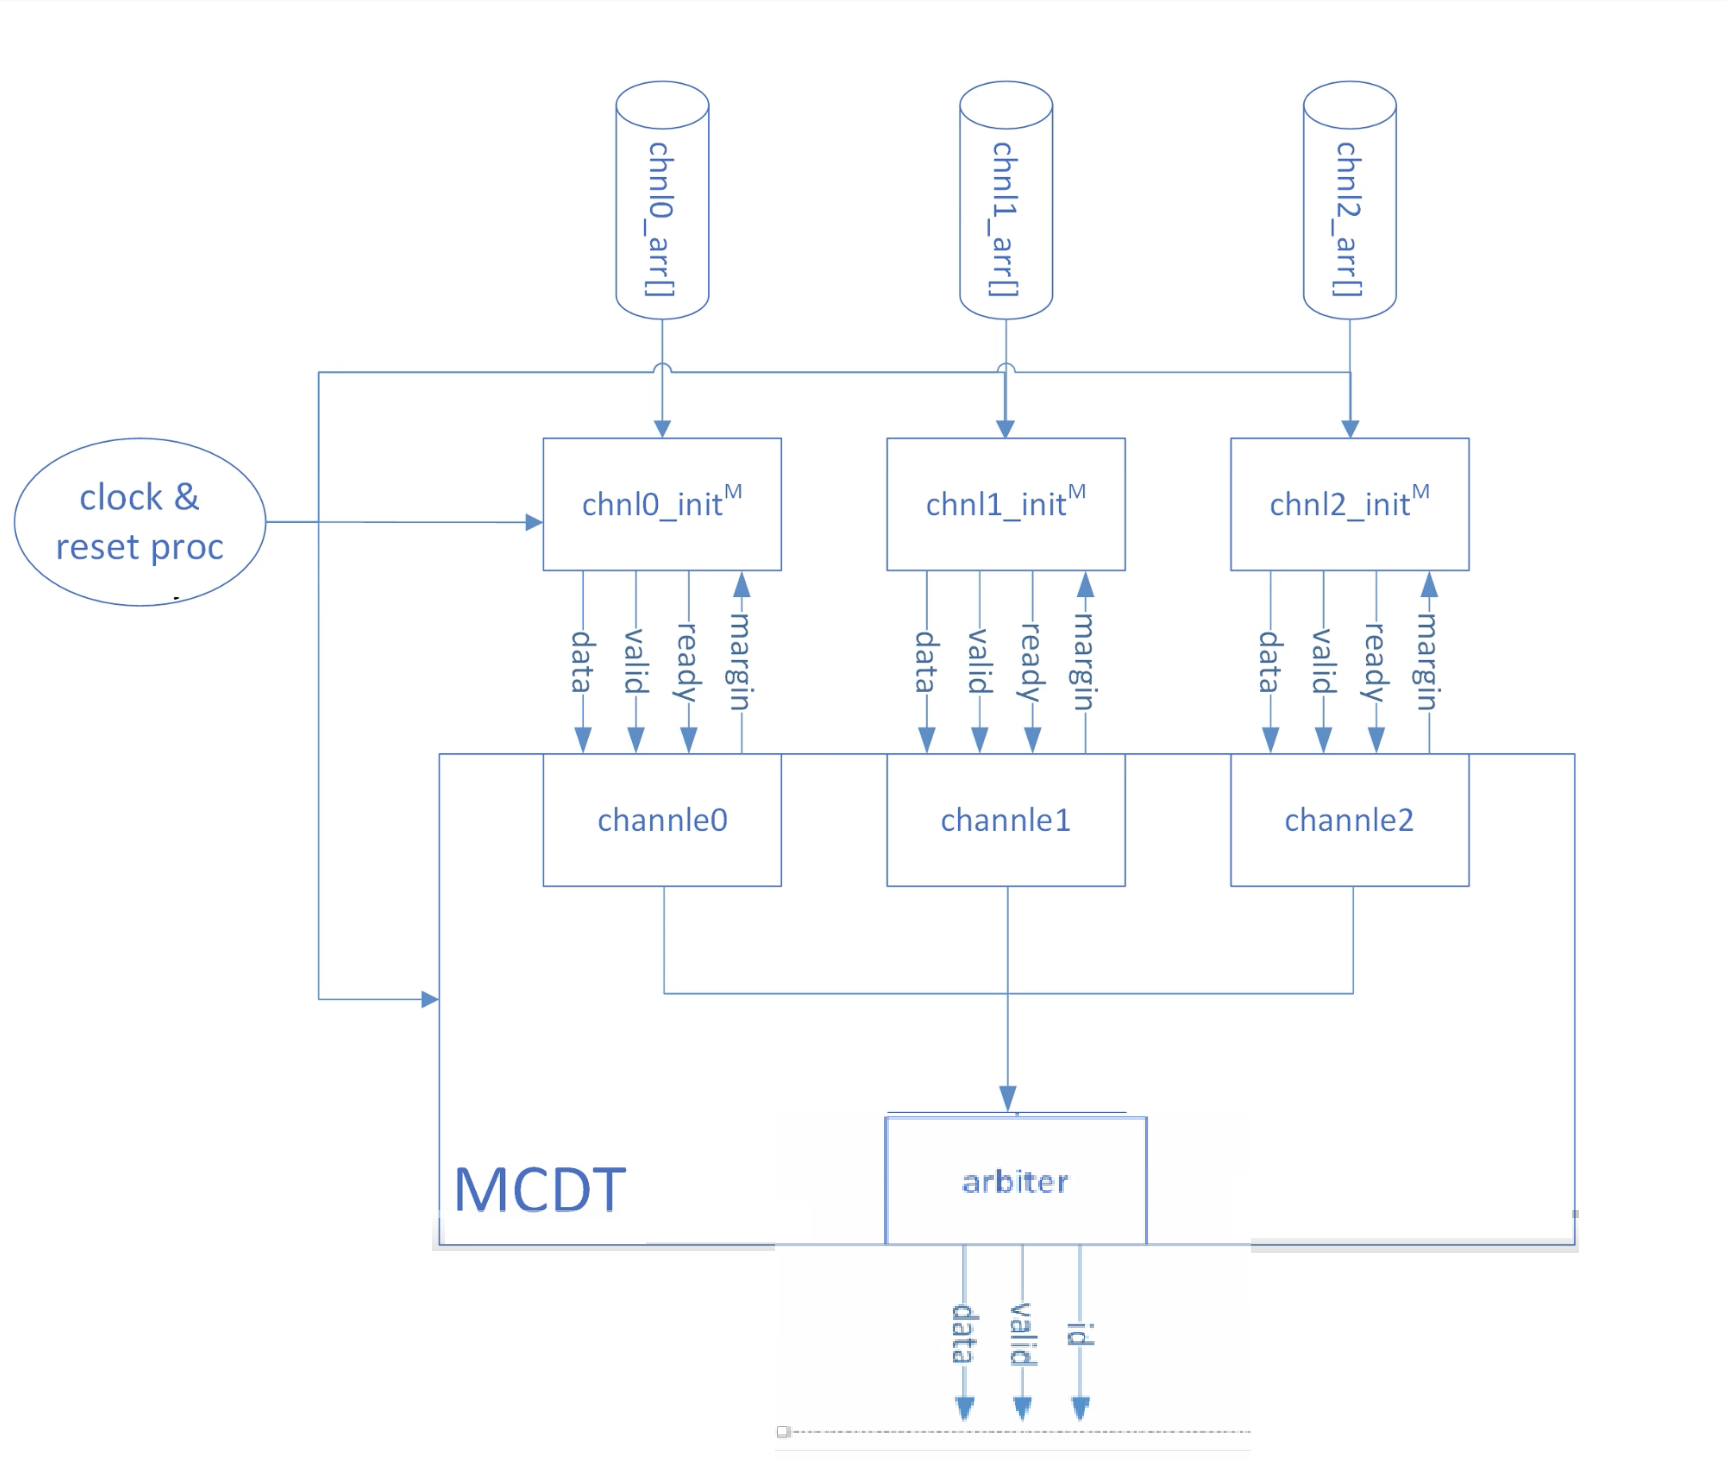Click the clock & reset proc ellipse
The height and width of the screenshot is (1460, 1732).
pos(140,522)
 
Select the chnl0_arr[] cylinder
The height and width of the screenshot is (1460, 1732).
pos(662,200)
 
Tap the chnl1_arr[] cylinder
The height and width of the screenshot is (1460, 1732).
pos(1006,200)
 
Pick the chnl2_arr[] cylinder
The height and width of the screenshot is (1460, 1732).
pos(1349,200)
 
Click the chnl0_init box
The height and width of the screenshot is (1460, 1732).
pos(662,504)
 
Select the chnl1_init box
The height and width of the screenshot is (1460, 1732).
pos(1006,504)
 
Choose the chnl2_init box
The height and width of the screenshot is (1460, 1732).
pos(1349,504)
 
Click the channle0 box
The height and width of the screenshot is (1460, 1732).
pos(662,820)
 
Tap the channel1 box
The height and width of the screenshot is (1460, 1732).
pos(1006,820)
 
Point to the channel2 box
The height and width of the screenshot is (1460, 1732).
pos(1349,820)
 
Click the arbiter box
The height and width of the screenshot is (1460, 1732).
pos(1016,1181)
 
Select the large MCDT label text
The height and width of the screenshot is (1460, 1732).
pos(540,1190)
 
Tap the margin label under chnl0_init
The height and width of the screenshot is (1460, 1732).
pos(740,661)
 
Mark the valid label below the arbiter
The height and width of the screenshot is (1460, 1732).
pos(1022,1334)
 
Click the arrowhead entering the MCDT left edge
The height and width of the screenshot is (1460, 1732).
pos(430,999)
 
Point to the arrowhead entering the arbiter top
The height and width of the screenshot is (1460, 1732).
pos(1008,1098)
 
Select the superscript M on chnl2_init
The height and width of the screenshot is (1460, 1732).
pos(1421,491)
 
